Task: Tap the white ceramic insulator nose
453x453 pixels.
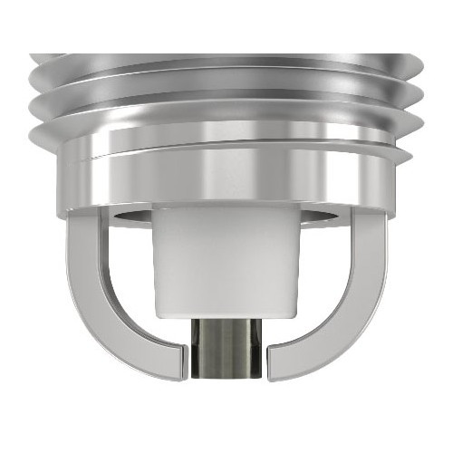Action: pyautogui.click(x=226, y=263)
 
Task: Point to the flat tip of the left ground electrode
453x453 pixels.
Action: pyautogui.click(x=183, y=361)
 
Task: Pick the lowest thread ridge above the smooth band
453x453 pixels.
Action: pyautogui.click(x=226, y=127)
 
